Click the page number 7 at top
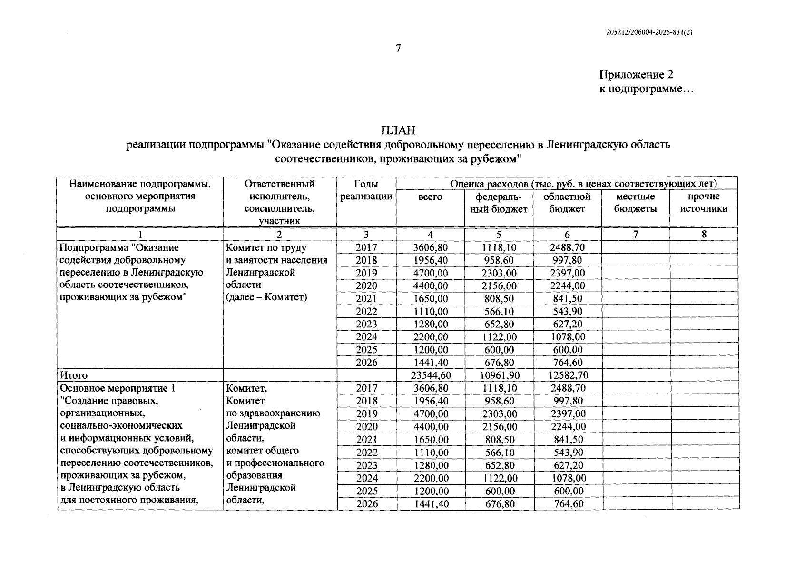click(398, 49)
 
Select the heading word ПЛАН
click(398, 130)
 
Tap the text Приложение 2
click(636, 75)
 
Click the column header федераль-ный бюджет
click(499, 203)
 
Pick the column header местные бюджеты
click(635, 203)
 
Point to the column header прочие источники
click(704, 203)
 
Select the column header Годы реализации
click(366, 190)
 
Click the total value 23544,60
click(430, 375)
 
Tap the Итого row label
click(74, 375)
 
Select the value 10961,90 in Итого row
click(499, 375)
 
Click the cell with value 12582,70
click(567, 375)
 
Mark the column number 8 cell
click(704, 234)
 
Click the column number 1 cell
click(140, 234)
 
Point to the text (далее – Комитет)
click(266, 297)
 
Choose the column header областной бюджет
click(567, 203)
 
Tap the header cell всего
click(430, 197)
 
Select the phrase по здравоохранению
click(273, 413)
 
